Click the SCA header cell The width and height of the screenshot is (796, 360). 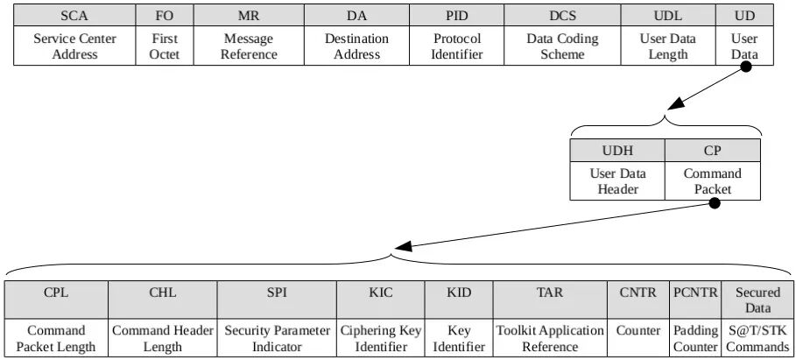point(74,16)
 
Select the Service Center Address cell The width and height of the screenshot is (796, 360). point(74,46)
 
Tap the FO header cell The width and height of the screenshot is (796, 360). point(164,16)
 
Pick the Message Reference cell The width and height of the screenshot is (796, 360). point(249,46)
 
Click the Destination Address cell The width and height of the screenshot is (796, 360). point(356,46)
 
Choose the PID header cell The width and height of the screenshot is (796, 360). point(457,16)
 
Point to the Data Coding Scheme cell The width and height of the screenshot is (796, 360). point(562,46)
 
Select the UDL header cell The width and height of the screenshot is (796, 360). point(668,16)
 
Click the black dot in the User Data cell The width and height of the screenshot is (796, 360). point(747,66)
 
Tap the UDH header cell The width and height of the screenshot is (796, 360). point(617,150)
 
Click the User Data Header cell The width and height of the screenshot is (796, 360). point(617,181)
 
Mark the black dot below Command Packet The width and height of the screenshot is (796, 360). point(714,203)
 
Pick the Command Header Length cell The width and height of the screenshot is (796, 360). point(163,338)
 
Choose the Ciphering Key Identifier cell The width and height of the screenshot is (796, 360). point(381,338)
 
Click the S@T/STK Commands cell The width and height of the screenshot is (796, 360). point(757,338)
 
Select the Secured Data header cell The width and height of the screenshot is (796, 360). point(757,300)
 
